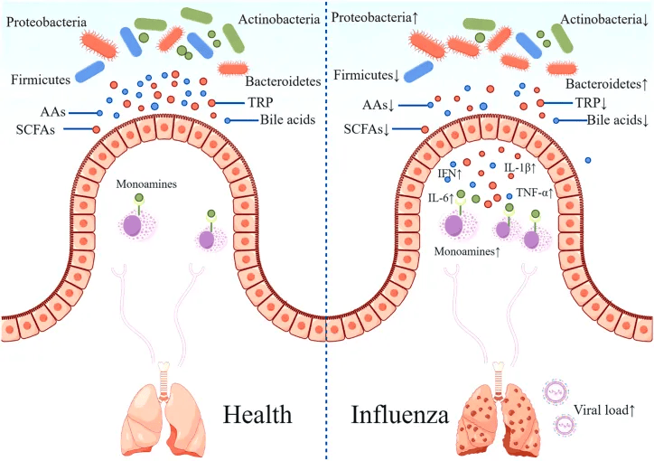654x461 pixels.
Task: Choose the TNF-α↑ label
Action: click(x=536, y=193)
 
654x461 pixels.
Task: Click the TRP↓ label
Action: click(x=569, y=103)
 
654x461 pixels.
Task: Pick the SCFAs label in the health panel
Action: click(x=33, y=130)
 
